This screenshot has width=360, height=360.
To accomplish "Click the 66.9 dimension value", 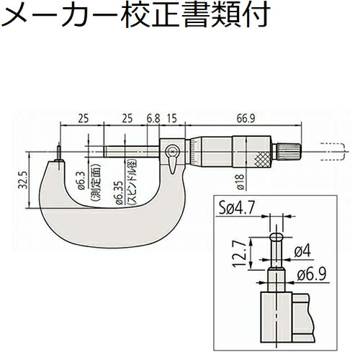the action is click(x=246, y=119).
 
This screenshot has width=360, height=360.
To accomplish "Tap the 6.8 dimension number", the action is click(x=153, y=118).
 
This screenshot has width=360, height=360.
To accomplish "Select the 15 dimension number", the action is click(x=172, y=118).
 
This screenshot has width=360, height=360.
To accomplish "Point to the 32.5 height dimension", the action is click(x=23, y=179).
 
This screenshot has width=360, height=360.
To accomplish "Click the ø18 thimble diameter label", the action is click(x=240, y=182).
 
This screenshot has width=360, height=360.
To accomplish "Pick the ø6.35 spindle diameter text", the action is click(x=120, y=193).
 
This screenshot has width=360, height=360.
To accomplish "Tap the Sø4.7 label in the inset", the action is click(x=236, y=208).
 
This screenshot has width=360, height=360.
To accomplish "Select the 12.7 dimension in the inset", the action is click(x=240, y=254).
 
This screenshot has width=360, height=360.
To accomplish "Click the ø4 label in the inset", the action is click(x=302, y=251).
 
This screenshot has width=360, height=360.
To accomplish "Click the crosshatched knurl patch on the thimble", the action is click(x=263, y=160).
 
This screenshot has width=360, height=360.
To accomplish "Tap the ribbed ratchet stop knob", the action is click(x=289, y=151).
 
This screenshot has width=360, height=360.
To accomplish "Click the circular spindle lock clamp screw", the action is click(x=172, y=152).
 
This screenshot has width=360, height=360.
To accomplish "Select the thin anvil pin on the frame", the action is click(x=59, y=153).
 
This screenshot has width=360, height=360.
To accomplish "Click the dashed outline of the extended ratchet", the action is click(x=333, y=152).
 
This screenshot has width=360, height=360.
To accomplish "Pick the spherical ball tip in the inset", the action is click(x=276, y=237).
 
